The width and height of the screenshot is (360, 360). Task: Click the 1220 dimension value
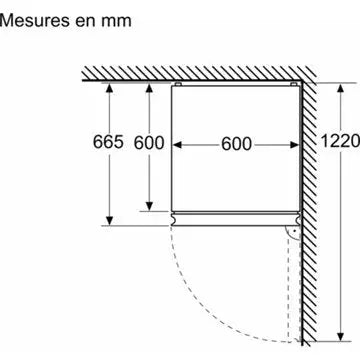click(339, 143)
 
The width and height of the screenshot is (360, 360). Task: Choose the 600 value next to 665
click(148, 143)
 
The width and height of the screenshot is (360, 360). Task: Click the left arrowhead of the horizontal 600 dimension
click(175, 143)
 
